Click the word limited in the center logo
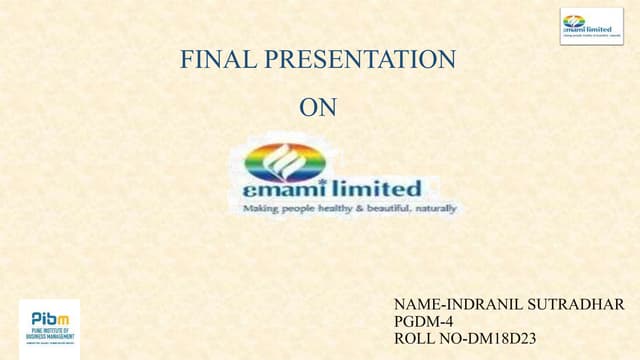(x=377, y=188)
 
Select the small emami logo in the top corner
(x=591, y=25)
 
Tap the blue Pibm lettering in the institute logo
(x=49, y=316)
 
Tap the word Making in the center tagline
(x=260, y=209)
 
